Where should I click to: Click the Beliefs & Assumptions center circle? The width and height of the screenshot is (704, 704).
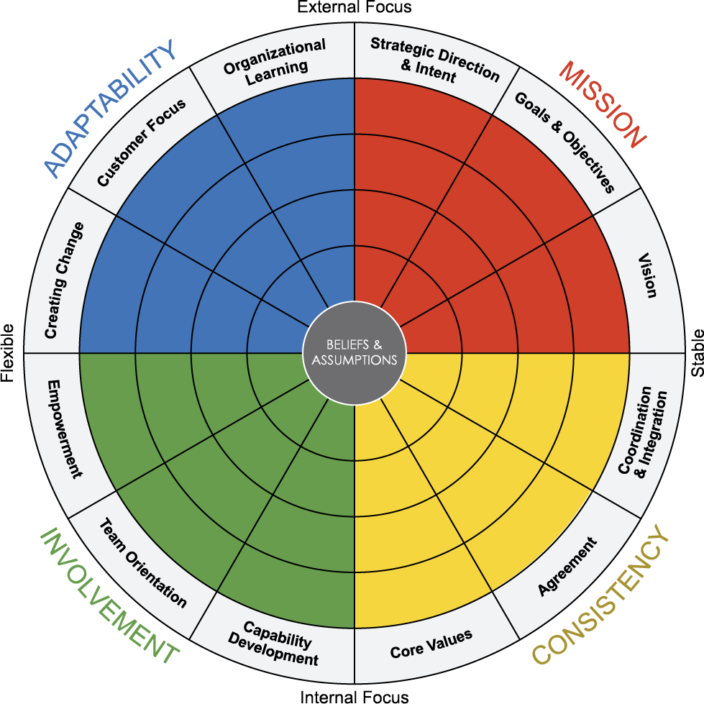[355, 353]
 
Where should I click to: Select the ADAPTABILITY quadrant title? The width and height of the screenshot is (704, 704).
[110, 108]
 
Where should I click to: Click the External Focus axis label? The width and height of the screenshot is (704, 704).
[355, 6]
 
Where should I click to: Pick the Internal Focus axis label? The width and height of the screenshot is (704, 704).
[355, 697]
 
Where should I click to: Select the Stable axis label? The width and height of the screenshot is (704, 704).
[697, 353]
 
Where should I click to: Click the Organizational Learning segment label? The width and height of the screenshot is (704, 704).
[275, 62]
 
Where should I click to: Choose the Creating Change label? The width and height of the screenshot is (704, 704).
[64, 280]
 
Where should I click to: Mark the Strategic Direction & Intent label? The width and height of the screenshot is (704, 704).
[434, 60]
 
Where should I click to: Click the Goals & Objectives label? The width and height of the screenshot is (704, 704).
[564, 142]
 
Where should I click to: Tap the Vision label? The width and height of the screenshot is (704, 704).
[647, 275]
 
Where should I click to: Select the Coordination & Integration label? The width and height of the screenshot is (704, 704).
[642, 431]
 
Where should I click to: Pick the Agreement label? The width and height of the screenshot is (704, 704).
[567, 567]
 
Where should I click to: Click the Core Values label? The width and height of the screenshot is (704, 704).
[431, 644]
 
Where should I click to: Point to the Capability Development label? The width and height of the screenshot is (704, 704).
[273, 644]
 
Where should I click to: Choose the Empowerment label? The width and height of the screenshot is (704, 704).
[65, 429]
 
